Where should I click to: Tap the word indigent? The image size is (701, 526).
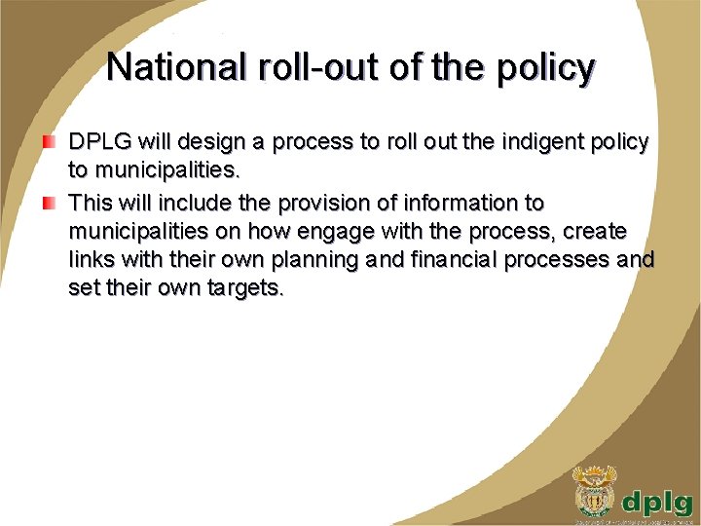(531, 142)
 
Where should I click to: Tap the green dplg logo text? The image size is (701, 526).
(658, 501)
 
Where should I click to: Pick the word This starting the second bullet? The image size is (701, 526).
(91, 204)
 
